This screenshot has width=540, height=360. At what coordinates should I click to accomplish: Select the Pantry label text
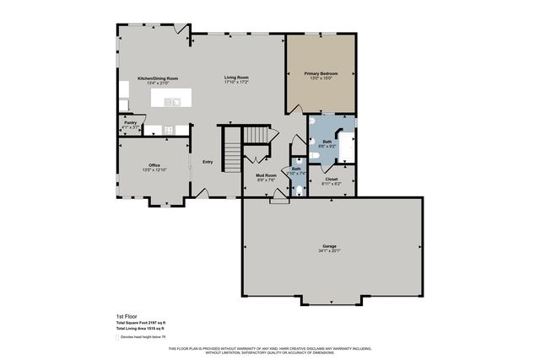coord(130,123)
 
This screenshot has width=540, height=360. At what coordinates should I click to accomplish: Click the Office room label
coord(154,164)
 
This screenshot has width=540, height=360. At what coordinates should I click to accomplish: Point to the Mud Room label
coord(266,175)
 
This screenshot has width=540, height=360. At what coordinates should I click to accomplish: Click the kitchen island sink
coord(173,102)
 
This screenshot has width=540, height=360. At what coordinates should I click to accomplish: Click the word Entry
coord(207,161)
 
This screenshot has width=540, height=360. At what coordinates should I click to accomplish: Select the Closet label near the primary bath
coord(331,178)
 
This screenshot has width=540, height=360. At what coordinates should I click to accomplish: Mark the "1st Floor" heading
coord(126,315)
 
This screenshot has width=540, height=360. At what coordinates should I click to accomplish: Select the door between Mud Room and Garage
coord(278,200)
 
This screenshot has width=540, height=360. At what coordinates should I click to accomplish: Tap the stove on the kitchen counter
coord(168,130)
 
